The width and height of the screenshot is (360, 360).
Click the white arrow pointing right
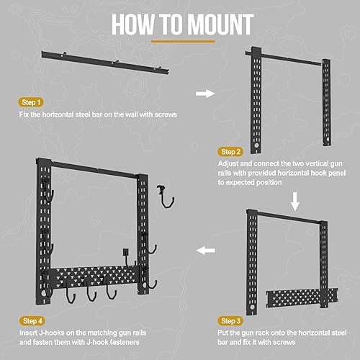[205, 93]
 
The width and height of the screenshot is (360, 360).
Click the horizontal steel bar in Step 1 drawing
[108, 60]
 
